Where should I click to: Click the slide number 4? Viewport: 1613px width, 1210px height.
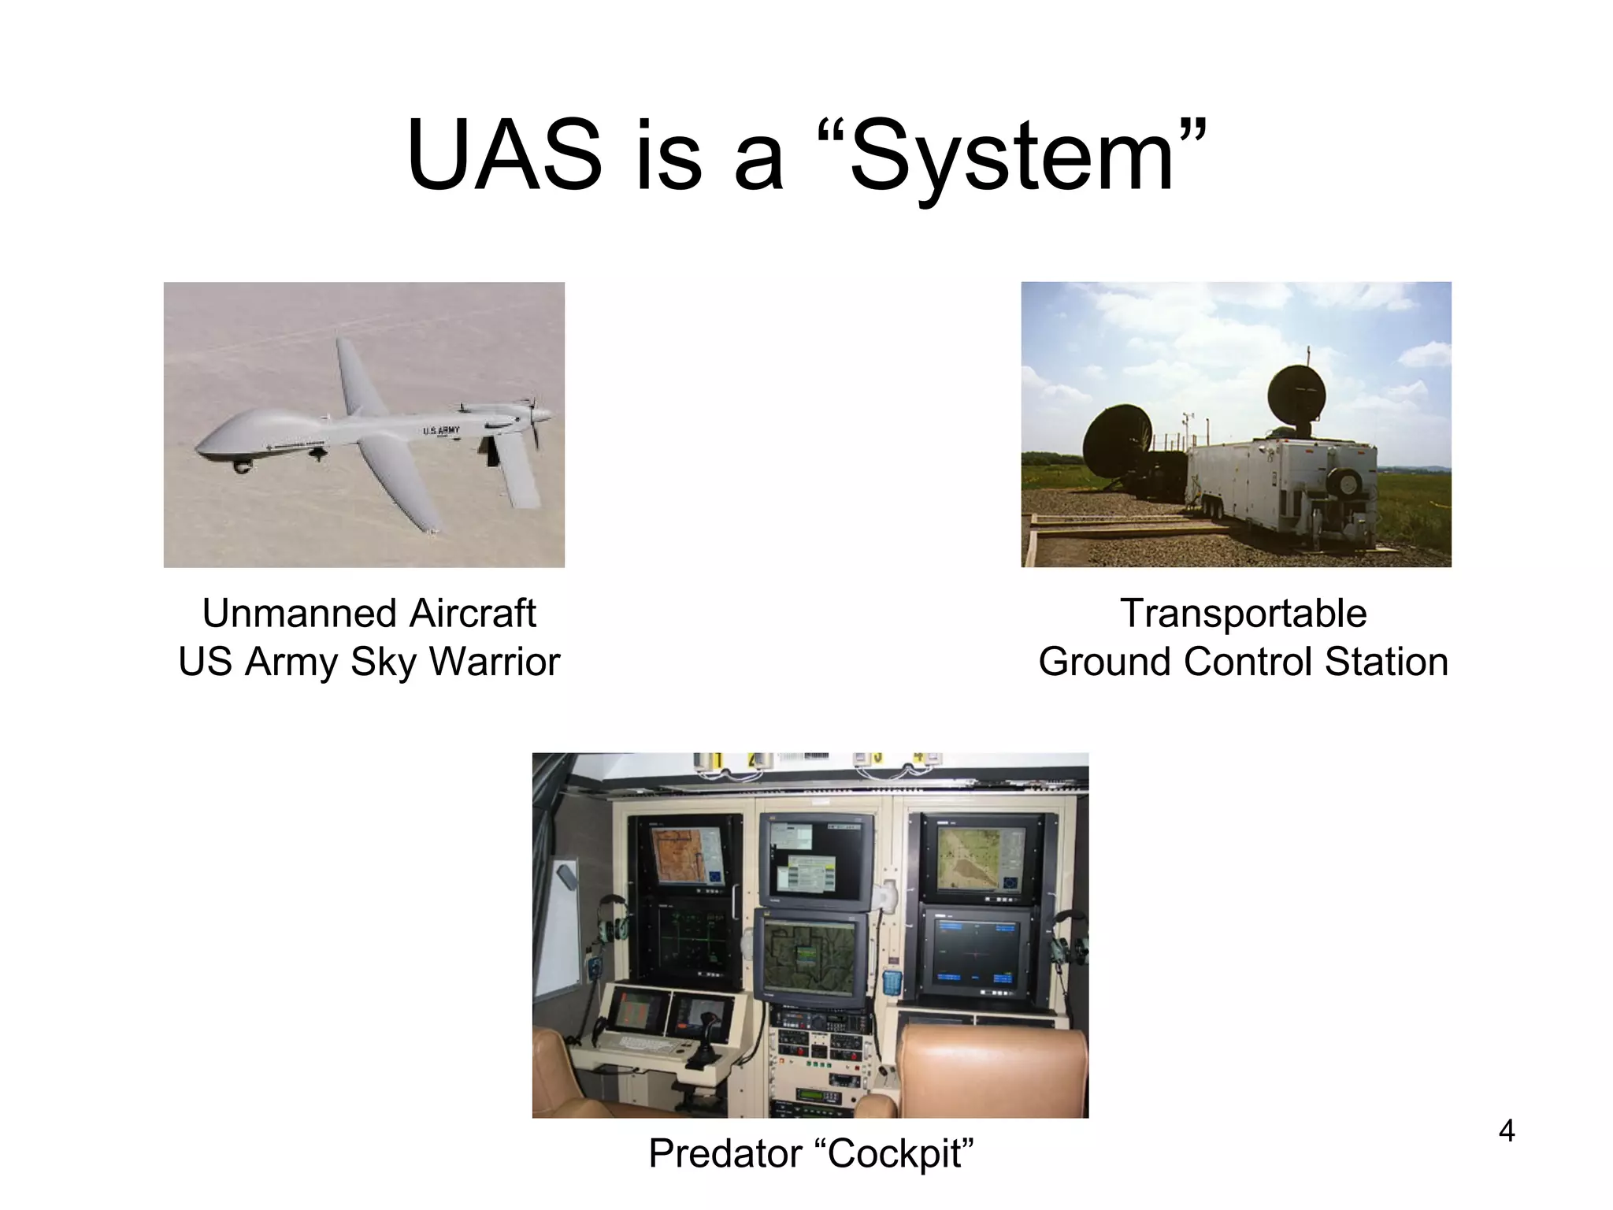(1506, 1131)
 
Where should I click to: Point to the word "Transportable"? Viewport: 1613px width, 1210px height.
(1243, 614)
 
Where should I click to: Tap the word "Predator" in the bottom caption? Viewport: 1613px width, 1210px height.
(725, 1154)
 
